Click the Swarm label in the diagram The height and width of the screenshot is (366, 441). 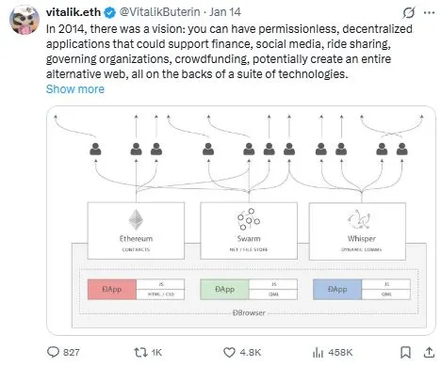251,238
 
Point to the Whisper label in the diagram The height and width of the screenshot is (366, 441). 361,238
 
